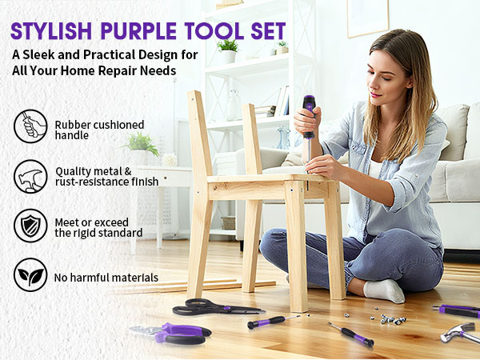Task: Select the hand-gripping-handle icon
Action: coord(30,126)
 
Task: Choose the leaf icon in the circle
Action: coord(30,276)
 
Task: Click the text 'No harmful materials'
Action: coord(106,278)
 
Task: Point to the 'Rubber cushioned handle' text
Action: coord(99,130)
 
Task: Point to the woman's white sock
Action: coord(383,289)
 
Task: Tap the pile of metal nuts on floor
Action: coord(391,319)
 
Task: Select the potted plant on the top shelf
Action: coord(228,50)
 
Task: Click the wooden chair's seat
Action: coord(264,182)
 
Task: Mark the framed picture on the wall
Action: coord(367,18)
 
